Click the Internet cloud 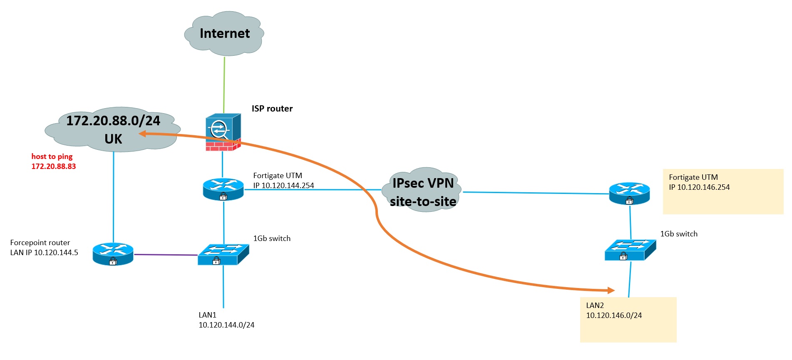click(224, 34)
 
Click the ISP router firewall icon click(223, 132)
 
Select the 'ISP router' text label click(272, 109)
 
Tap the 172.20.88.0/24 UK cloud click(113, 129)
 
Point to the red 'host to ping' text click(52, 156)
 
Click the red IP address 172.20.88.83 click(54, 166)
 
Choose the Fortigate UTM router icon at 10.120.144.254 click(223, 189)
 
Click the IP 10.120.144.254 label click(283, 186)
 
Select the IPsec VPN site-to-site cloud click(422, 191)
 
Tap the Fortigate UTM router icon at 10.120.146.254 click(629, 193)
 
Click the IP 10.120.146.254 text click(699, 187)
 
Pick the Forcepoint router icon click(113, 254)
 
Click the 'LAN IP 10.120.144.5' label click(44, 253)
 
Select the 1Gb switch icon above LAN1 click(223, 254)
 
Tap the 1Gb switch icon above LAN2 click(630, 250)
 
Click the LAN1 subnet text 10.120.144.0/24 click(226, 325)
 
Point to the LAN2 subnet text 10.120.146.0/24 click(614, 315)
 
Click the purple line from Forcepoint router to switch click(166, 255)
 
